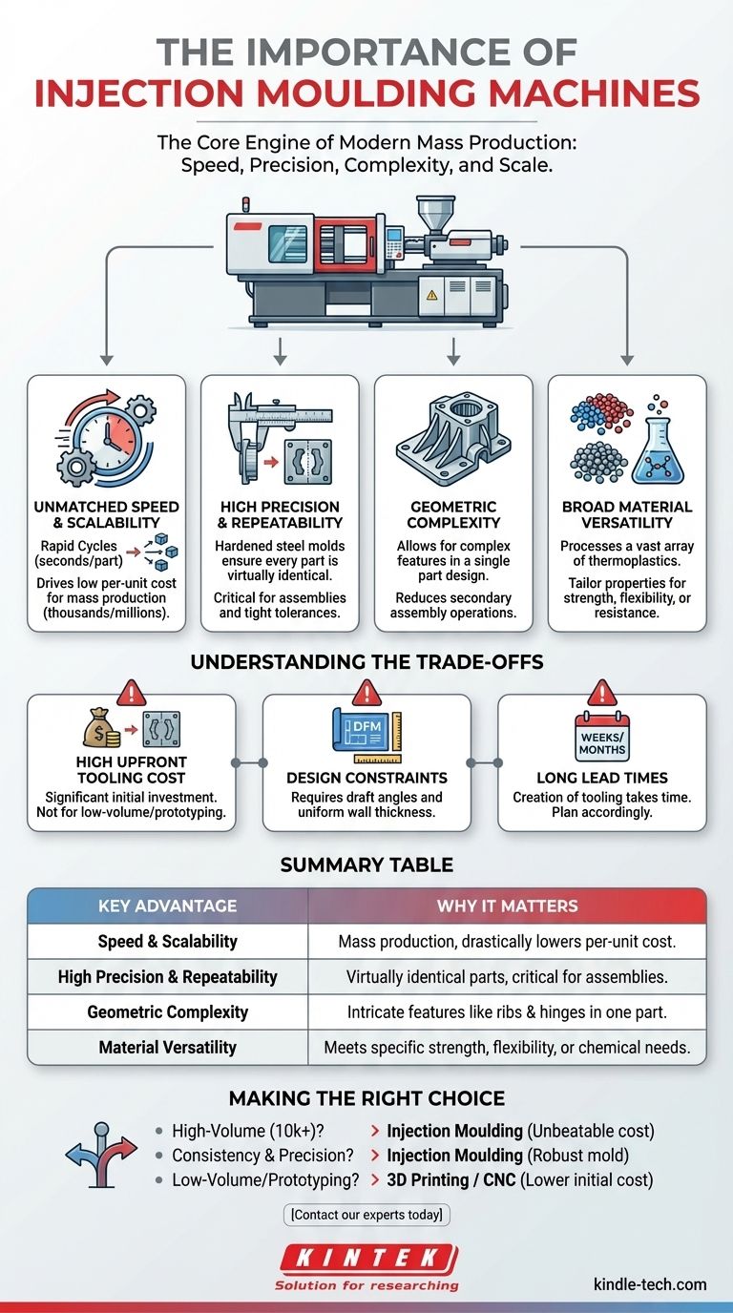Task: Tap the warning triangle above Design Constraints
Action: pos(366,692)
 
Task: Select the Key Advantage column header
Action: pos(167,906)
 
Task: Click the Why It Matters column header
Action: pos(507,906)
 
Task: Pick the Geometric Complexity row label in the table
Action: pos(167,1011)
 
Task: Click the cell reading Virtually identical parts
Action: pos(507,976)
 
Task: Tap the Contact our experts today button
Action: pos(366,1215)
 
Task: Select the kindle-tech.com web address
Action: pos(649,1283)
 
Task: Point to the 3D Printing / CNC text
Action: pos(441,1179)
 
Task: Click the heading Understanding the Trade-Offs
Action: pos(366,661)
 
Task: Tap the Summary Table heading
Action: pos(366,865)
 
